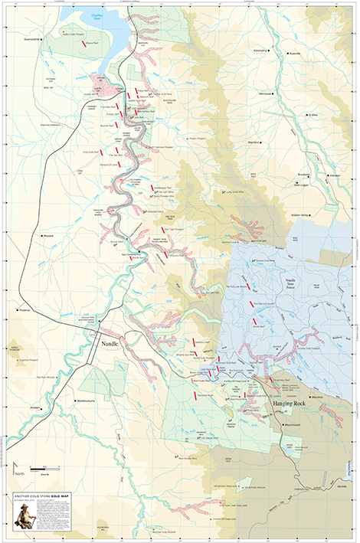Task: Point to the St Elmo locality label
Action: click(313, 116)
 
